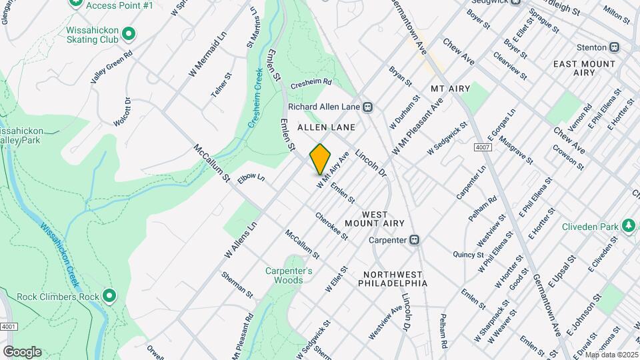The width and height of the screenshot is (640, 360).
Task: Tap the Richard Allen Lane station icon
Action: coord(367,107)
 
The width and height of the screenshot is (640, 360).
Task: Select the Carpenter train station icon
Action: coord(414,239)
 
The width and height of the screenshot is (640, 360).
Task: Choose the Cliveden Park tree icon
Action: coord(627,227)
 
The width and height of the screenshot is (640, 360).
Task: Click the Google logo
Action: coord(22,351)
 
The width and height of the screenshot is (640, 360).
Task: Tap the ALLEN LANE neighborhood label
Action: coord(326,127)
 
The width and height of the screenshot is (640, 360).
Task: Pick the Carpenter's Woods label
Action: coord(289,275)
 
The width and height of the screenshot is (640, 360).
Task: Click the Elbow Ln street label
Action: coord(251,179)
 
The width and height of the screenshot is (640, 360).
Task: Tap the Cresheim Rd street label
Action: coord(311,84)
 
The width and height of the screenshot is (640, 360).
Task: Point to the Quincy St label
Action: coord(467,255)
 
